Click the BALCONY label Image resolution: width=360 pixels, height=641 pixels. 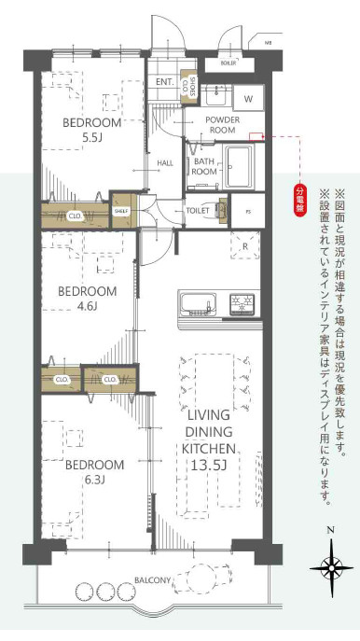point(151,579)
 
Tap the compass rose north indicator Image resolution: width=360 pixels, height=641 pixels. point(331,565)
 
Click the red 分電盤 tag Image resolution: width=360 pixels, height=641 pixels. point(300,200)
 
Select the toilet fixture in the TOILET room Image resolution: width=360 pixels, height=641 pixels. point(220,211)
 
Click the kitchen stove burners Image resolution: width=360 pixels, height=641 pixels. point(242,304)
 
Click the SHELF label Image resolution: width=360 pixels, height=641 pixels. point(122,210)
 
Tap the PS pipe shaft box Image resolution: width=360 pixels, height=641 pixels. point(247,211)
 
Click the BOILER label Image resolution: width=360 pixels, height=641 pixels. point(228,63)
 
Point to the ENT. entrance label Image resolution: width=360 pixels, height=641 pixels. point(165,82)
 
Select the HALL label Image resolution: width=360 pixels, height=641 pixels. point(165,163)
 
